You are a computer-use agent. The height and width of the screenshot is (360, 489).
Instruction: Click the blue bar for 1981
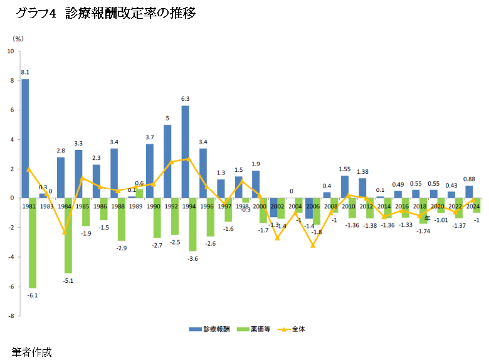(25, 138)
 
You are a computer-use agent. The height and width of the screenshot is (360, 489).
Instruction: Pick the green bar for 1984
(68, 235)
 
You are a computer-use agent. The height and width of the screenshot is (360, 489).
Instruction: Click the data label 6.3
(186, 99)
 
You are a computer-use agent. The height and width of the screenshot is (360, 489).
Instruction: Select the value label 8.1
(25, 73)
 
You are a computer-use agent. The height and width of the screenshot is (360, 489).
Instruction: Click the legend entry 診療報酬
(210, 328)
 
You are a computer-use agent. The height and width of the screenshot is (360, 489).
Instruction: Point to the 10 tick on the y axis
(9, 51)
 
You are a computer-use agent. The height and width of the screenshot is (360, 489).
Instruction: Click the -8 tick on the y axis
(10, 316)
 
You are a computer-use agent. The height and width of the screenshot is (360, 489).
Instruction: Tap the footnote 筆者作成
(31, 351)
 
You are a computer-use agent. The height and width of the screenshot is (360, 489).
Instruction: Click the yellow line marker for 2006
(313, 245)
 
